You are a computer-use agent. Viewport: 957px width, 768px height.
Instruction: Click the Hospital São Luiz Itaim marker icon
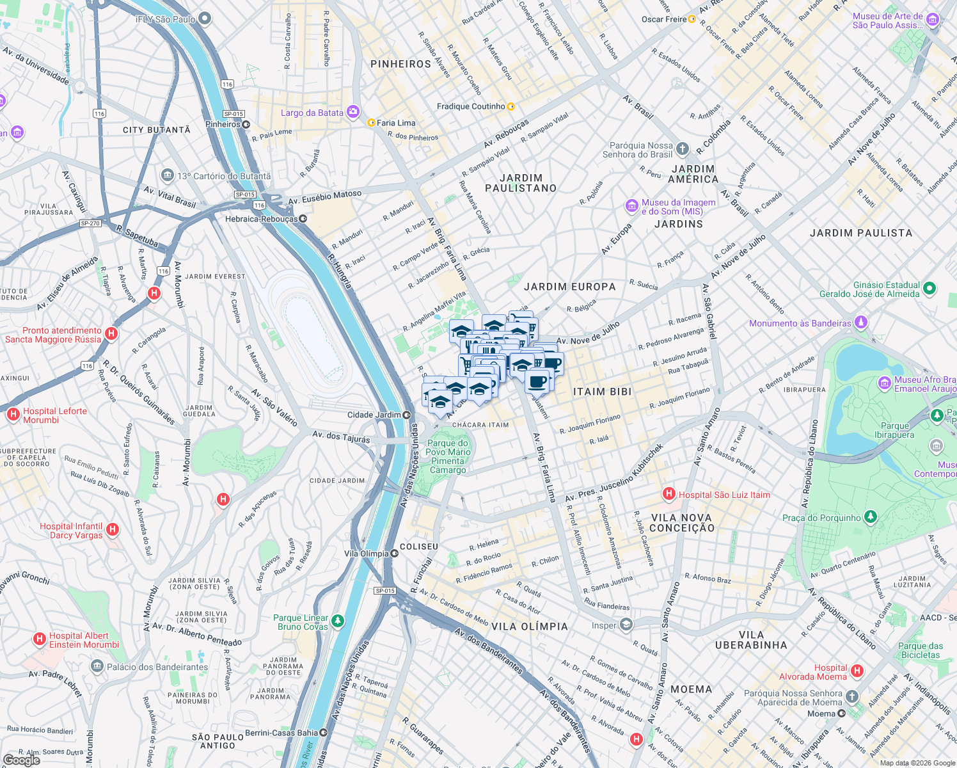[x=669, y=493]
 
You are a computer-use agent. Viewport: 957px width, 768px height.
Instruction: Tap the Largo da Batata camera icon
[x=353, y=113]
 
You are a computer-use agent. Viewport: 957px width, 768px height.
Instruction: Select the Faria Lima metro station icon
[x=371, y=123]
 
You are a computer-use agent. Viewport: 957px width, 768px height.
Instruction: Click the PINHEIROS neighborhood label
[x=401, y=64]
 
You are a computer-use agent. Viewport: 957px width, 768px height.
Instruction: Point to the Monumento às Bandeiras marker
[x=861, y=322]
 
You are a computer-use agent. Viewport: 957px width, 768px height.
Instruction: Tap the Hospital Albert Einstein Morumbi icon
[x=40, y=639]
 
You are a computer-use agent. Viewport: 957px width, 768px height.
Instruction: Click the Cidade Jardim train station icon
[x=406, y=415]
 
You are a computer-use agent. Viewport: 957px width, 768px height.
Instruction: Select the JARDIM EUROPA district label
[x=570, y=287]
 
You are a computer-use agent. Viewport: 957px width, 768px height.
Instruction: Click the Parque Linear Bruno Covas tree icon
[x=338, y=621]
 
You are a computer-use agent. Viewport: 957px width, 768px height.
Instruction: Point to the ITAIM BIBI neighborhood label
[x=602, y=392]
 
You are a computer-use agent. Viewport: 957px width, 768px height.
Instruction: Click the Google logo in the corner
[x=21, y=760]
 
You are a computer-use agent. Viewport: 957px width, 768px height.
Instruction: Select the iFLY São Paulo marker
[x=205, y=19]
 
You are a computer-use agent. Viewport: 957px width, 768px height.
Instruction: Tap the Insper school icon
[x=626, y=625]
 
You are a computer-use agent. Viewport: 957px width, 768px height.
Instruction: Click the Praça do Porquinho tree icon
[x=870, y=516]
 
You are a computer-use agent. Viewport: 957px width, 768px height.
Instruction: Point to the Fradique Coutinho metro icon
[x=510, y=106]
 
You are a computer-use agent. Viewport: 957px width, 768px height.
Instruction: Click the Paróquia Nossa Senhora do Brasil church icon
[x=683, y=149]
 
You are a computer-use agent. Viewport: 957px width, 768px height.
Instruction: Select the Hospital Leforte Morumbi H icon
[x=13, y=415]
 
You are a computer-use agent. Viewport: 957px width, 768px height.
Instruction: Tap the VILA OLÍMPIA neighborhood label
[x=530, y=627]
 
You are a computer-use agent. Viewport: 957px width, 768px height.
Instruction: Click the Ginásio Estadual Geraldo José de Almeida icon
[x=929, y=289]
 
